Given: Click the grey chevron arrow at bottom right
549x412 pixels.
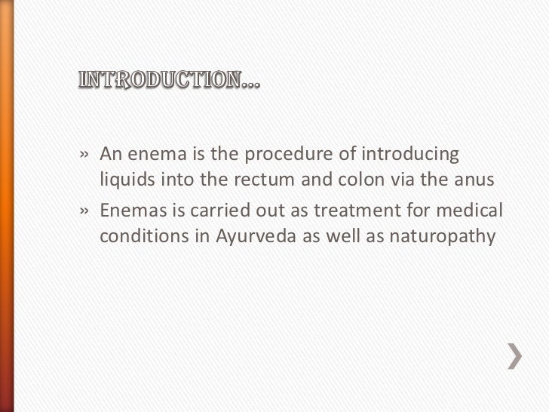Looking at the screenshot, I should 514,355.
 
